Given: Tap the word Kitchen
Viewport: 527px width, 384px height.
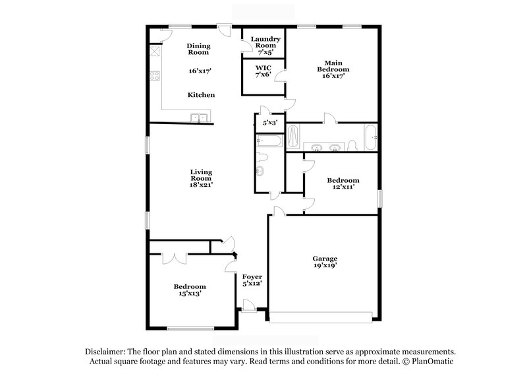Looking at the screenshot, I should [201, 95].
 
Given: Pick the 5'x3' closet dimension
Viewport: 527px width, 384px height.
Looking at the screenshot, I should [270, 123].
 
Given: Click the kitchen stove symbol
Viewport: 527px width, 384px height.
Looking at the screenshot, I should [155, 75].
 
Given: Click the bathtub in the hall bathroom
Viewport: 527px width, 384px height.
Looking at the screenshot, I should [269, 140].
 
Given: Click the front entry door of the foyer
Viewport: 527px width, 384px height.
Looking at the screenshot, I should [249, 305].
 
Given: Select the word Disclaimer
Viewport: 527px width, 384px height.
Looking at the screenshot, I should [105, 352].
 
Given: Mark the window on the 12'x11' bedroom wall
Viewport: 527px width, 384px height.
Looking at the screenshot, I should [379, 199].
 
